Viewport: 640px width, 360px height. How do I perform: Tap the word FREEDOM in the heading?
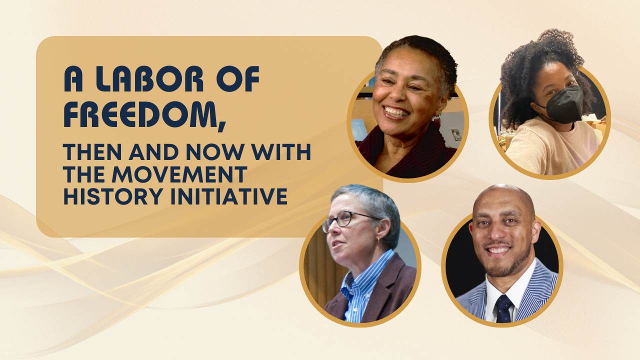point(140,114)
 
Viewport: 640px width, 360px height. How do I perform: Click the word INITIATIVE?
point(229,196)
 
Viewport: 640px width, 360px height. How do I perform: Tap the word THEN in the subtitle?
point(93,152)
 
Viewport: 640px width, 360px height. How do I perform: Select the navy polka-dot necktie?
point(503,309)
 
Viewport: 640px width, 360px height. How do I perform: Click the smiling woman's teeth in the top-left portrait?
point(395,111)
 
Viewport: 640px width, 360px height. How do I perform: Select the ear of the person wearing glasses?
point(383,228)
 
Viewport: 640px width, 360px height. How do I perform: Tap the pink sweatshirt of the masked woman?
point(551,148)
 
